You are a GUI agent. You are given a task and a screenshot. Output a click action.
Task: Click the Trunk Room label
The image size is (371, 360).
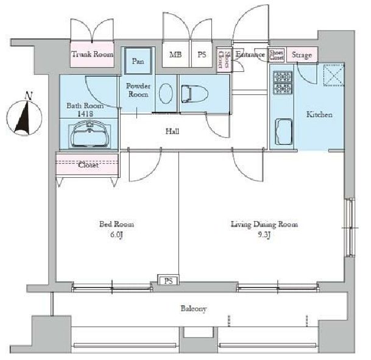click(x=92, y=54)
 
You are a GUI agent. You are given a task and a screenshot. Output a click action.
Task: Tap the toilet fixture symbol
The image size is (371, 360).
click(x=194, y=94)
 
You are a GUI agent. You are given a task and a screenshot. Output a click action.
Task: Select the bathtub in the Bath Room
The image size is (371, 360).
click(x=89, y=135)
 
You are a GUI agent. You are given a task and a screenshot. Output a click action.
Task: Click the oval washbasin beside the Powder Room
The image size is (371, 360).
click(x=166, y=93)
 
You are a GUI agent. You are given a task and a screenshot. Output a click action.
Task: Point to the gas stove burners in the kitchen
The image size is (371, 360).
click(x=283, y=83)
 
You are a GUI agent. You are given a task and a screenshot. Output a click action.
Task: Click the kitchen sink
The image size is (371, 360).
click(x=283, y=132)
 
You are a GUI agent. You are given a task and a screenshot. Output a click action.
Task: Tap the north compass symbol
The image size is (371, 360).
click(x=24, y=115)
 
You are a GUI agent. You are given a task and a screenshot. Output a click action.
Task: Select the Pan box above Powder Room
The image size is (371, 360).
click(x=138, y=61)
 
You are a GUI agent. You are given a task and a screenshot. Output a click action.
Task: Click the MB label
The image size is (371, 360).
click(x=175, y=55)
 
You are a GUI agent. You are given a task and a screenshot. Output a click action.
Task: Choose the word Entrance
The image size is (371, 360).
click(x=250, y=55)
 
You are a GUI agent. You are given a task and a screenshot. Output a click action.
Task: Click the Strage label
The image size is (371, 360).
click(x=302, y=55)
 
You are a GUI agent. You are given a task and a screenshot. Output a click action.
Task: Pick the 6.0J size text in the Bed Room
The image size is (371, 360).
click(x=116, y=235)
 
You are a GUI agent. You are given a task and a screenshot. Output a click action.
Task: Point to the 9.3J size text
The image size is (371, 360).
click(x=264, y=235)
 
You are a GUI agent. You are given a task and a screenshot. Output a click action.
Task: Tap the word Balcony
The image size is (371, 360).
click(x=194, y=309)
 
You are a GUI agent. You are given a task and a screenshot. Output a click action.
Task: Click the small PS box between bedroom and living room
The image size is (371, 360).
click(x=169, y=280)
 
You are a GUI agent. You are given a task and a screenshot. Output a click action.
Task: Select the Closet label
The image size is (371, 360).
click(x=88, y=164)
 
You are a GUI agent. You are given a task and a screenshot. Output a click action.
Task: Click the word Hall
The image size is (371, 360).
click(x=172, y=131)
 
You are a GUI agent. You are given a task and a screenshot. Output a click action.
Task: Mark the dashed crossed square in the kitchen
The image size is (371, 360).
click(x=334, y=75)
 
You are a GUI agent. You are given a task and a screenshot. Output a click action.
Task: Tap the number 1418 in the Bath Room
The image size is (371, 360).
click(x=85, y=114)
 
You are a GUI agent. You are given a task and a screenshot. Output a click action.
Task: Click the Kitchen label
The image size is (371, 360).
click(x=319, y=115)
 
